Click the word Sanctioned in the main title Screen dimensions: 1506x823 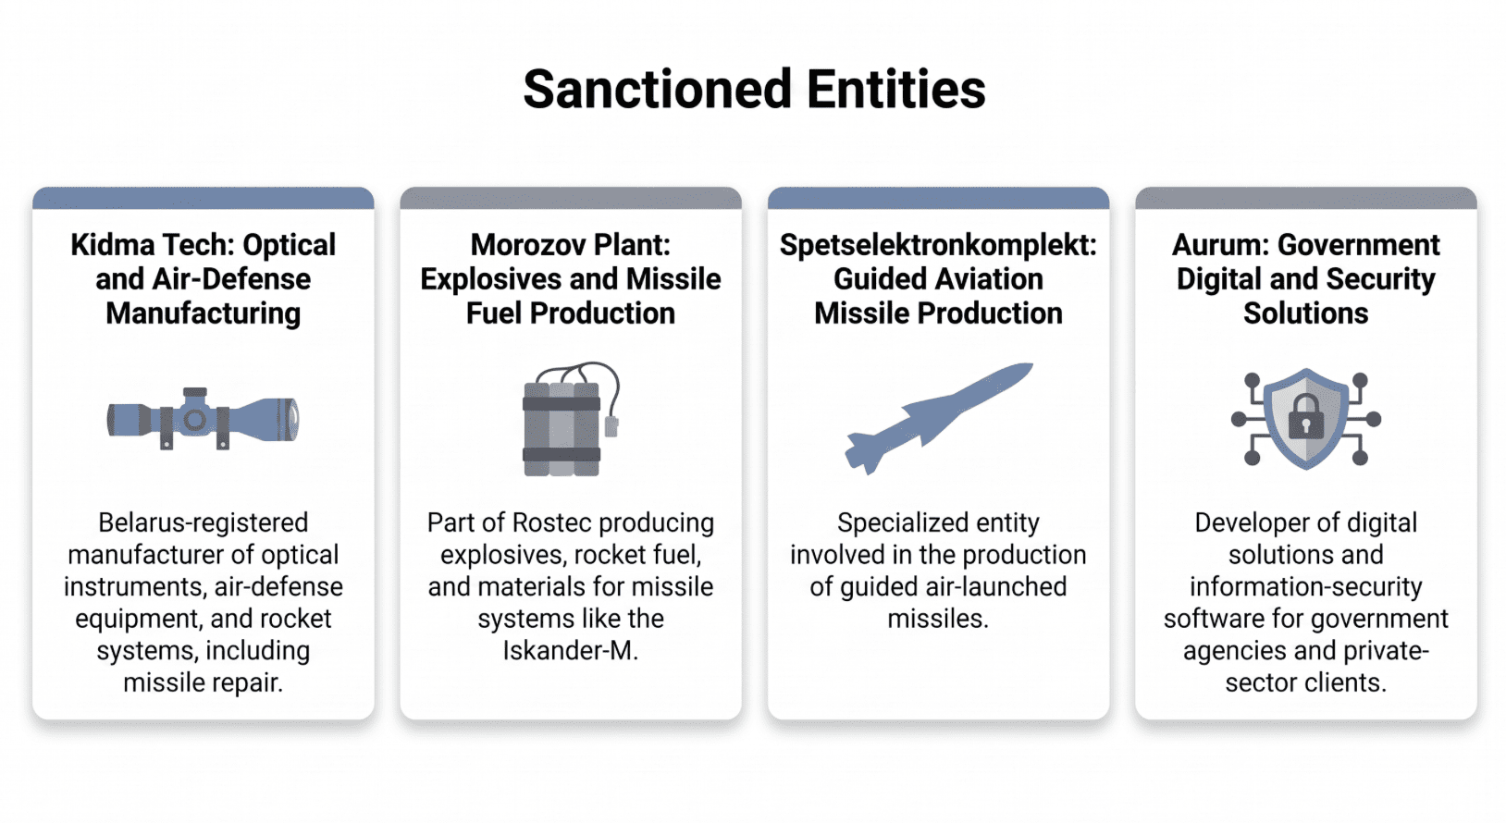tap(658, 90)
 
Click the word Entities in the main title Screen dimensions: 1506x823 tap(896, 90)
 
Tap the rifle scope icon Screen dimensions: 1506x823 tap(203, 419)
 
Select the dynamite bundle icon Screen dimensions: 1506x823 tap(571, 419)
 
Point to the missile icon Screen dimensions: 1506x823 tap(939, 419)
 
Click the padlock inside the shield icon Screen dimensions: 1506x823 tap(1305, 417)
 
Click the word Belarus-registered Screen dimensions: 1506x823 tap(203, 522)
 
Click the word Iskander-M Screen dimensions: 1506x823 tap(570, 650)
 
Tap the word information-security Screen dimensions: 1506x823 tap(1305, 586)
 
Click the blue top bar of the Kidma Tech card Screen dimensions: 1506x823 tap(203, 198)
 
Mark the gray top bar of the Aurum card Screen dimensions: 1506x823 tap(1305, 198)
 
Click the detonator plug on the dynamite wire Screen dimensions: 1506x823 tap(611, 426)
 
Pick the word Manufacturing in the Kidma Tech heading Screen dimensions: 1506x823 tap(203, 313)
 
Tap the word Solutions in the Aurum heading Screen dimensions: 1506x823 tap(1305, 313)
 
